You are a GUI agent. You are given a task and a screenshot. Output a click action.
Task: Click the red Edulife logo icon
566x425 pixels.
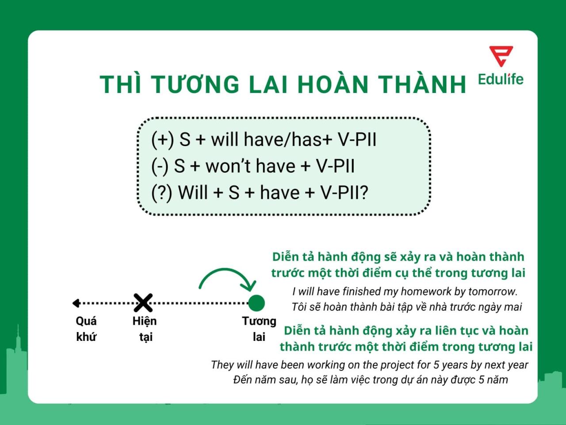coord(501,56)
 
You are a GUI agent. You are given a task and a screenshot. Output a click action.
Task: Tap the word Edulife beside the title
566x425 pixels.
coord(501,79)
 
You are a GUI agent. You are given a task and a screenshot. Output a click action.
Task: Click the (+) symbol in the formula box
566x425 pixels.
coord(162,139)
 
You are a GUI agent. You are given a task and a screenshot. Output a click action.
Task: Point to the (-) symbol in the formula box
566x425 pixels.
coord(160,166)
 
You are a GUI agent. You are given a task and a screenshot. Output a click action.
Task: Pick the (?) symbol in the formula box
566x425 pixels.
coord(161,193)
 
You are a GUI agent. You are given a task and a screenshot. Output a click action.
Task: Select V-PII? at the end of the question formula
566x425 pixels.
coord(344,193)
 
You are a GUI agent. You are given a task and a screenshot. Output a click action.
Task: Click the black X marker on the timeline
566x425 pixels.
coord(143,303)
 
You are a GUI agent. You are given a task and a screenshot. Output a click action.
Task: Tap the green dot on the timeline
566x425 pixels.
coord(256,303)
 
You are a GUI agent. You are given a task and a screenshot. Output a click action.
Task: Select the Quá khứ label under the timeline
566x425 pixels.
coord(86,329)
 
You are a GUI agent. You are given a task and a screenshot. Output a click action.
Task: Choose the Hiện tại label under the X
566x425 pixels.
coord(145,329)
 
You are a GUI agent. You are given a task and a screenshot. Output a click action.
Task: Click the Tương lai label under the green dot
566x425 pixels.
coord(259,329)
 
